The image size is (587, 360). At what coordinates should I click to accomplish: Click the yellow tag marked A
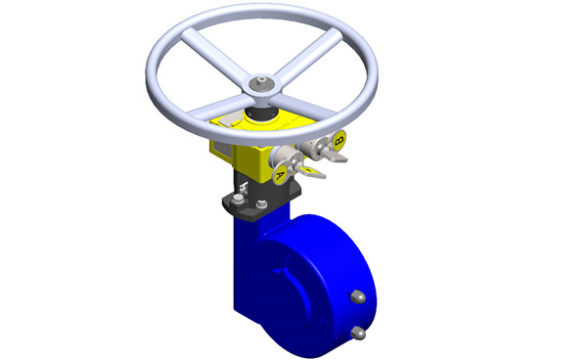[x=280, y=174]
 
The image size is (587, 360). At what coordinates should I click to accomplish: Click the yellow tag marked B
[x=339, y=141]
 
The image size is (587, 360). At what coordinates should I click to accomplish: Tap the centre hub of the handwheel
[x=261, y=85]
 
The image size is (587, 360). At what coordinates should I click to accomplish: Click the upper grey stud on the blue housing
[x=357, y=297]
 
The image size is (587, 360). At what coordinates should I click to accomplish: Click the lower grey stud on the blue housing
[x=358, y=333]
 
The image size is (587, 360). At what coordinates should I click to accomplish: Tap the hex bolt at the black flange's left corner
[x=238, y=200]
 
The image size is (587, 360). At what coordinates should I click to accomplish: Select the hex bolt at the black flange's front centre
[x=261, y=204]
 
